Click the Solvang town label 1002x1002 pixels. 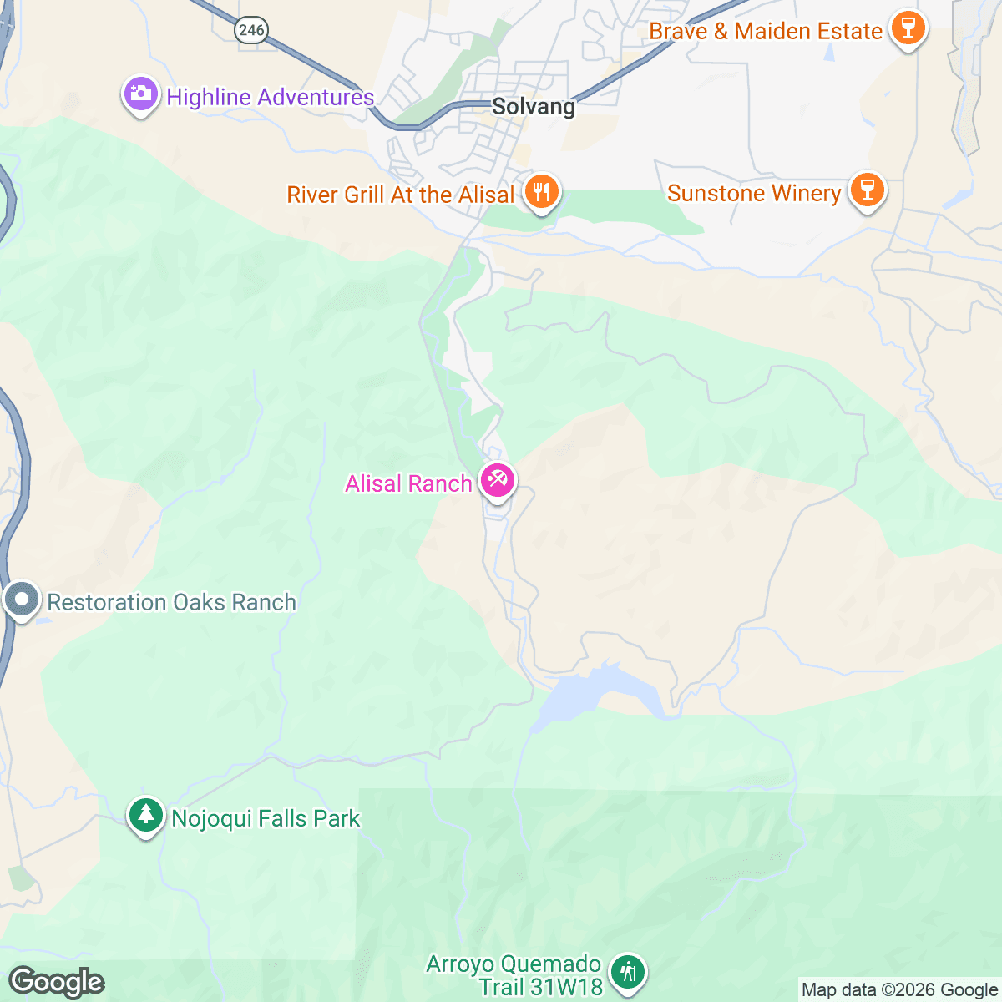tap(534, 107)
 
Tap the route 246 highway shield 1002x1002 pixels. tap(250, 31)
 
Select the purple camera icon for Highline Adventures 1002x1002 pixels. tap(141, 94)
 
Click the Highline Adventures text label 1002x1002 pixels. tap(270, 97)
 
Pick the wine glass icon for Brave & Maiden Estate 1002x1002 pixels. tap(907, 28)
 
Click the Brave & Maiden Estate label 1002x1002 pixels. tap(766, 32)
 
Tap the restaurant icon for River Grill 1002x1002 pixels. tap(542, 192)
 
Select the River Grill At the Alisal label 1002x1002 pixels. tap(401, 195)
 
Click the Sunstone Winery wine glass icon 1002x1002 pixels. tap(867, 190)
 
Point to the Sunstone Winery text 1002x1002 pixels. tap(754, 193)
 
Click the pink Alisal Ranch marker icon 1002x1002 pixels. tap(497, 481)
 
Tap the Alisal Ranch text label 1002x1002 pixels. tap(408, 483)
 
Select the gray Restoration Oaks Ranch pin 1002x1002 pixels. tap(21, 600)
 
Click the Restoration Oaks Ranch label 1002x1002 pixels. tap(171, 602)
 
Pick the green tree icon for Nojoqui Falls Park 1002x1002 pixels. tap(146, 815)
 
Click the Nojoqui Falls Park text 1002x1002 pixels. tap(266, 818)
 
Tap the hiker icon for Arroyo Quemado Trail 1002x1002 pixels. tap(627, 972)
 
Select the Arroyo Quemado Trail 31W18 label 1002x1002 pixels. tap(514, 975)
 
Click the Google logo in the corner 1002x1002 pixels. tap(56, 982)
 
